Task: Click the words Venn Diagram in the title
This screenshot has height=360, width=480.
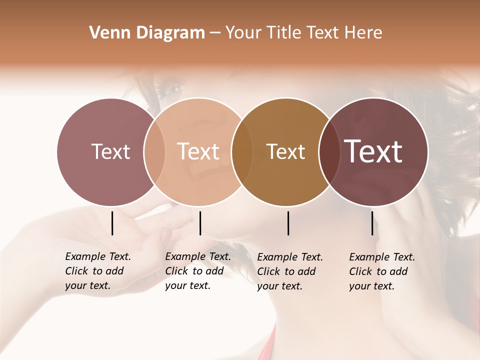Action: (147, 33)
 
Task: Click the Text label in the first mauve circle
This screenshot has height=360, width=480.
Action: (110, 151)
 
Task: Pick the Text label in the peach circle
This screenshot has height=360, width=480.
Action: (198, 151)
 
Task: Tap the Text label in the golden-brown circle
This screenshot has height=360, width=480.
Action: (285, 152)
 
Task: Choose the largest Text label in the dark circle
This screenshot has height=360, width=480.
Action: (373, 151)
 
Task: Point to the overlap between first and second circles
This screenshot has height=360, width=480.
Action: (154, 151)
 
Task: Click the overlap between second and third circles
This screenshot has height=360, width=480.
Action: (242, 151)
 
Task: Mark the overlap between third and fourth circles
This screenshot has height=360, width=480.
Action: (329, 151)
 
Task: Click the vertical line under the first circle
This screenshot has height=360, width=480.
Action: (112, 223)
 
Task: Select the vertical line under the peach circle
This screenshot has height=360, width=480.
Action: (200, 223)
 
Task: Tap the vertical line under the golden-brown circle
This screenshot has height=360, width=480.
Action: (288, 223)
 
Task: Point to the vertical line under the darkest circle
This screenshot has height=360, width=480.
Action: (372, 223)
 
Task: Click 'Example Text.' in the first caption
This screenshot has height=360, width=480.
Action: (98, 256)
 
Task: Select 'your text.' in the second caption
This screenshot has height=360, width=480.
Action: (187, 285)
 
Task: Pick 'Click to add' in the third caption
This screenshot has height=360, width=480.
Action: (286, 271)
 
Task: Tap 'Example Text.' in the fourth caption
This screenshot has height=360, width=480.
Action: (382, 257)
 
